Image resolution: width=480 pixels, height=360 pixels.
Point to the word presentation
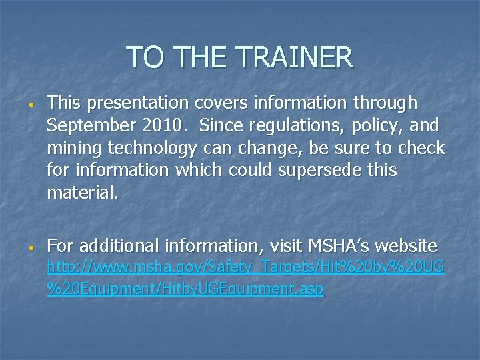137,103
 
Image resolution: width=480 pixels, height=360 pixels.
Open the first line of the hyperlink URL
245,268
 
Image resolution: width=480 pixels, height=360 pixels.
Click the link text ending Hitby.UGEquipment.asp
185,290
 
